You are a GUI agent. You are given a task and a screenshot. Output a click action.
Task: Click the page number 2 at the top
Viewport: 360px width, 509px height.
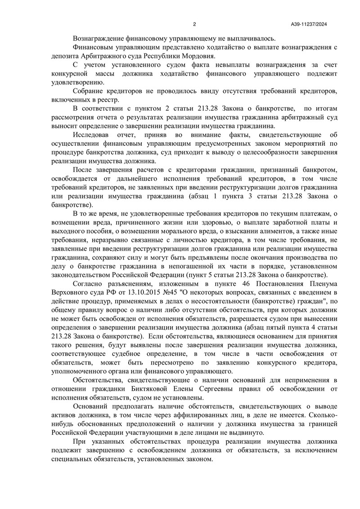click(194, 24)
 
